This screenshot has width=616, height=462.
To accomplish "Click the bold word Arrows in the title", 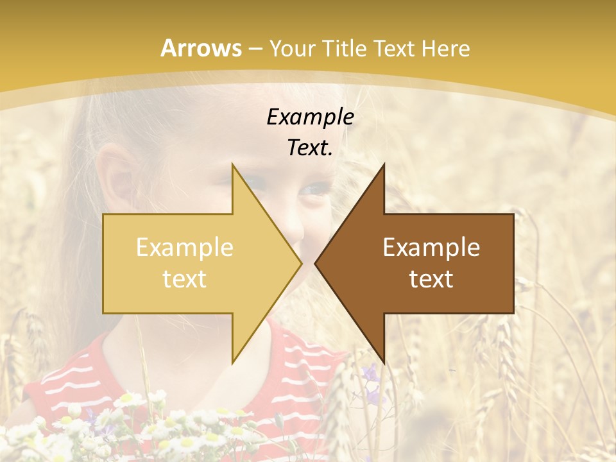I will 201,48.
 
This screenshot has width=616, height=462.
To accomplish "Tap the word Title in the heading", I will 346,48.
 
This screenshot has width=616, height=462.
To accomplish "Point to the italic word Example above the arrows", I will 310,117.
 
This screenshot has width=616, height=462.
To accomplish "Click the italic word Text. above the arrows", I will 310,148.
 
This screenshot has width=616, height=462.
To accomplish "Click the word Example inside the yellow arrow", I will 184,248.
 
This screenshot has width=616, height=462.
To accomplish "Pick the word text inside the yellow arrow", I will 184,279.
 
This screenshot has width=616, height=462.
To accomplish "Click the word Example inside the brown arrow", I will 431,248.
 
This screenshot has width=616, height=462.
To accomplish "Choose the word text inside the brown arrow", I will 431,279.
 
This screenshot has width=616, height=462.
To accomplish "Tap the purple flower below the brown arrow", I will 370,372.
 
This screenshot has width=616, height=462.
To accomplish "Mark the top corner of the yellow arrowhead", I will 232,165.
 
